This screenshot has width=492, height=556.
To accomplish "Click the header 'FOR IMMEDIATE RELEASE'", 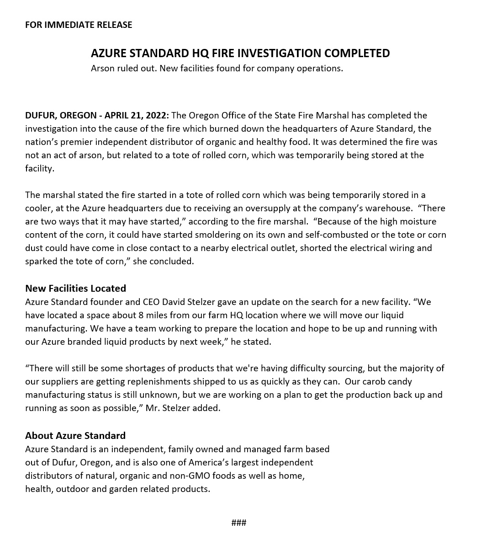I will [x=79, y=25].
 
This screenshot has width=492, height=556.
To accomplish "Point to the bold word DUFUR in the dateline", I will [x=41, y=115].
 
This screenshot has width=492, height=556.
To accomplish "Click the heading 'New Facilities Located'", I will [x=75, y=288].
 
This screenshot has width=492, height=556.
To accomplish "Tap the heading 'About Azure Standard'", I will [x=75, y=435].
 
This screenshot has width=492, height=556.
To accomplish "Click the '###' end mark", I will [x=239, y=523].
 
